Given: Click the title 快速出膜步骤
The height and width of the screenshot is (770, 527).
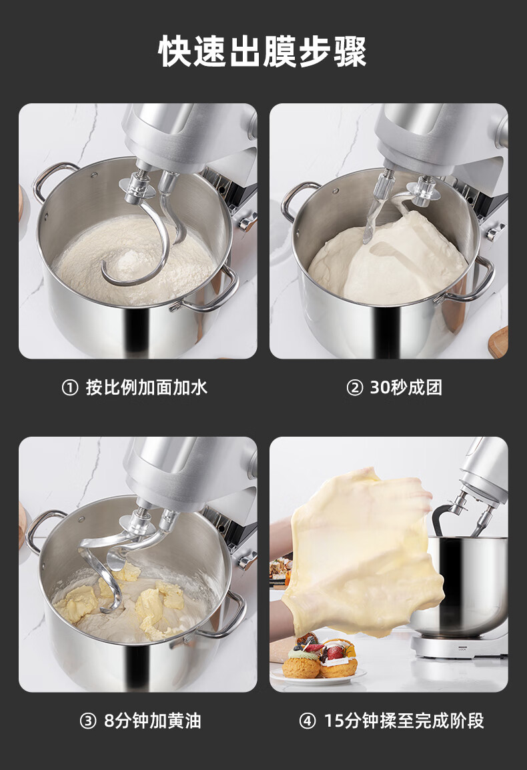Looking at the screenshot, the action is tap(263, 51).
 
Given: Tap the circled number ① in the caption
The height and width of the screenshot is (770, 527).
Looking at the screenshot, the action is tap(70, 388).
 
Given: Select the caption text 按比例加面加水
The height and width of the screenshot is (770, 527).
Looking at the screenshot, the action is tap(147, 387).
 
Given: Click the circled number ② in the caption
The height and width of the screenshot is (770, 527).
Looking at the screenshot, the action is tap(354, 388).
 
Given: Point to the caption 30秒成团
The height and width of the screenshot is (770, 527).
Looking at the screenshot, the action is tap(406, 387).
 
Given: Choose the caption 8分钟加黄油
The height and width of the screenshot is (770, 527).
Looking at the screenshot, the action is tap(152, 721).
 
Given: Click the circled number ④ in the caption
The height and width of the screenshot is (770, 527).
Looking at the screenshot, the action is tap(308, 721).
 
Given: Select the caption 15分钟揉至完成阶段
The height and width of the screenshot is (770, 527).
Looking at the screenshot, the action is tap(404, 721).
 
